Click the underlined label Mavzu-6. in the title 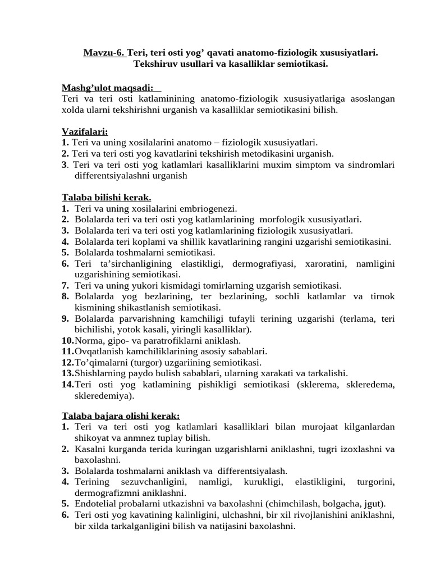coord(104,53)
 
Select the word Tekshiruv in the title coord(154,64)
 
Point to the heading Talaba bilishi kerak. coord(106,197)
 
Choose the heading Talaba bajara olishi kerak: coord(121,416)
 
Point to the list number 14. coord(67,384)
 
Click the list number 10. coord(67,340)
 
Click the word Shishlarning coord(99,373)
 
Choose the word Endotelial coord(94,504)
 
